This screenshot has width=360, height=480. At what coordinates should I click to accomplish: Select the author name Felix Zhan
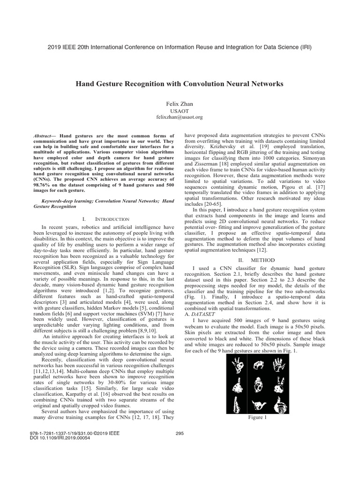tap(180, 103)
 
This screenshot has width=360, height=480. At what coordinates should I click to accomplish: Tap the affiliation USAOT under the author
tap(180, 110)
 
